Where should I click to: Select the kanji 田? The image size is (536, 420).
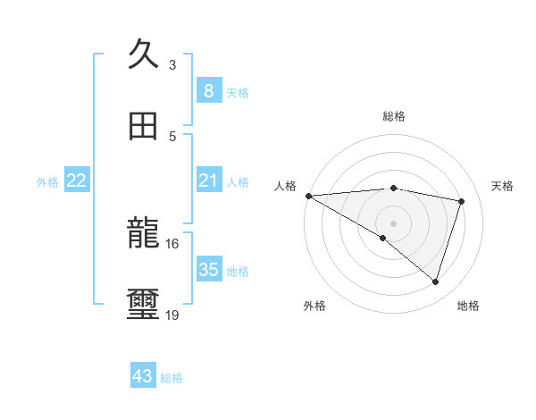(142, 126)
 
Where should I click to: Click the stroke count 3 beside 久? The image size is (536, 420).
(172, 64)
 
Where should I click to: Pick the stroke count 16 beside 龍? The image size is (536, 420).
(172, 243)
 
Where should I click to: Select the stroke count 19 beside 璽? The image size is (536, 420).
(172, 315)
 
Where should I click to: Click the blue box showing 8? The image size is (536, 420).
(208, 91)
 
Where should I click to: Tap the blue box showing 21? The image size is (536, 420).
(208, 181)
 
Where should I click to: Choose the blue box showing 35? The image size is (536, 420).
(208, 270)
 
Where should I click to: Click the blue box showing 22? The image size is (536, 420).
(77, 181)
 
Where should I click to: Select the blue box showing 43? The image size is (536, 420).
(142, 377)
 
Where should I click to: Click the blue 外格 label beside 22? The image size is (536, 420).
(47, 181)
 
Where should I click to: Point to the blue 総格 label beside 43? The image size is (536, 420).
(172, 378)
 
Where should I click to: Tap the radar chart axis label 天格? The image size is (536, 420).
(502, 186)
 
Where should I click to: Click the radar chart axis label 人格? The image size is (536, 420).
(285, 186)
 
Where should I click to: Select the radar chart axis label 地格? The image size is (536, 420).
(468, 306)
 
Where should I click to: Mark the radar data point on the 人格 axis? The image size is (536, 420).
(308, 196)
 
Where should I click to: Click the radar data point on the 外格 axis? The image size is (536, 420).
(383, 238)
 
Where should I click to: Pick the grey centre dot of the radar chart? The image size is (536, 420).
(393, 222)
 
